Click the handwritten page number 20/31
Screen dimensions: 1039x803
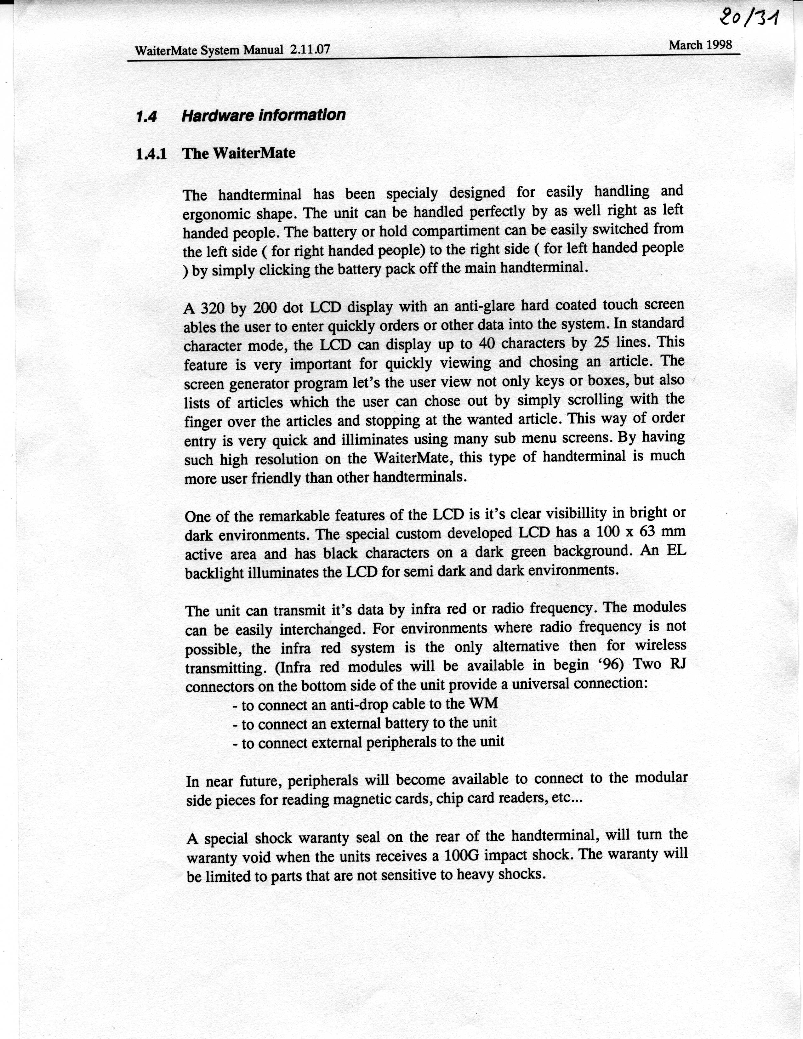tap(749, 19)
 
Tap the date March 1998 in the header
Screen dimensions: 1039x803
tap(700, 45)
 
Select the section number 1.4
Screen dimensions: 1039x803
tap(146, 116)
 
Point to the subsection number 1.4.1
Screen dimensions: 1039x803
tap(151, 154)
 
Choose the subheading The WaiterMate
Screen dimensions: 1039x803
tap(239, 153)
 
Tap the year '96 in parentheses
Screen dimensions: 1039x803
tap(611, 665)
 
